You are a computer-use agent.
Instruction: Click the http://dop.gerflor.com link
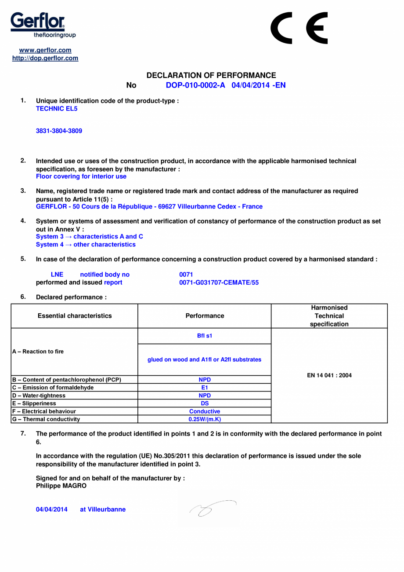45,58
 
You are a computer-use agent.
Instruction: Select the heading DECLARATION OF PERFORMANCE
211,76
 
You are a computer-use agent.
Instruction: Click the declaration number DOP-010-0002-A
195,85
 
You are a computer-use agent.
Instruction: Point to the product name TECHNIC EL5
56,108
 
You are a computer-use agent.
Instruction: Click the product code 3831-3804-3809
58,131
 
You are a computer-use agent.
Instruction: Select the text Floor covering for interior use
81,176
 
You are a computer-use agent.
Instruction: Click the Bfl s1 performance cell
204,336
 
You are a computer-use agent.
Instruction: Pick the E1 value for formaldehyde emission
204,387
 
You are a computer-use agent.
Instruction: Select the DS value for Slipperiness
204,403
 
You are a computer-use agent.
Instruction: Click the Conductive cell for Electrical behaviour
204,411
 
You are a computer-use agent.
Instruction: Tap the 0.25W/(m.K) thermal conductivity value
204,419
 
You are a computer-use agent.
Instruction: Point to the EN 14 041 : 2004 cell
329,376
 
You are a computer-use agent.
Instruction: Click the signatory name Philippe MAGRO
61,486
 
